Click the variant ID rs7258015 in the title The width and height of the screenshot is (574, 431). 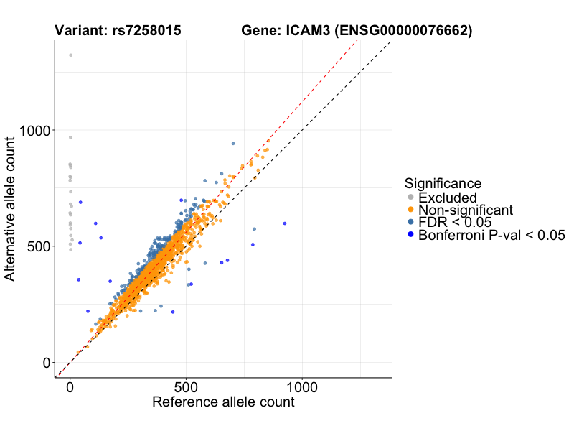[146, 31]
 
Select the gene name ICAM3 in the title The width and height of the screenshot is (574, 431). [307, 31]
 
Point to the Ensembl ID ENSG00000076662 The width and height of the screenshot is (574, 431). [404, 31]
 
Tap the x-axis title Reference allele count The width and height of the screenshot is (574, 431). [223, 402]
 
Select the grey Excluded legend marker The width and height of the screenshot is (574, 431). [410, 198]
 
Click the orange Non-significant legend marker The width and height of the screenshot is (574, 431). [410, 210]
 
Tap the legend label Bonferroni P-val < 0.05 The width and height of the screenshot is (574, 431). [492, 235]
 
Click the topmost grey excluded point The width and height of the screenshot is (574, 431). [70, 55]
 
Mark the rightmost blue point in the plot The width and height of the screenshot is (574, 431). [285, 223]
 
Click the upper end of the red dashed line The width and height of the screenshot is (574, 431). [358, 41]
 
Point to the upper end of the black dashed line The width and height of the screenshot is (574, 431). [391, 42]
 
